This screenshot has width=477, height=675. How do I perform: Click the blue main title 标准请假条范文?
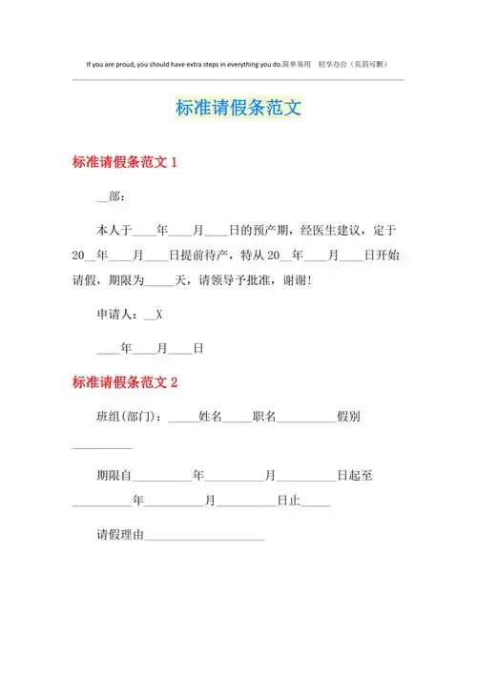(238, 109)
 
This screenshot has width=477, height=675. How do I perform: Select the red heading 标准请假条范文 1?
(124, 163)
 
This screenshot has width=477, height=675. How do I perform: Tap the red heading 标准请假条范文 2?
(124, 383)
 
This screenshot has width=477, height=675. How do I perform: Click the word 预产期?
(271, 231)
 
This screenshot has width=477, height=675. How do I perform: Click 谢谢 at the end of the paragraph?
(322, 281)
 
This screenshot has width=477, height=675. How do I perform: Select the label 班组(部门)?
(129, 417)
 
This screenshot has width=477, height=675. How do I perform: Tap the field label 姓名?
(210, 417)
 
